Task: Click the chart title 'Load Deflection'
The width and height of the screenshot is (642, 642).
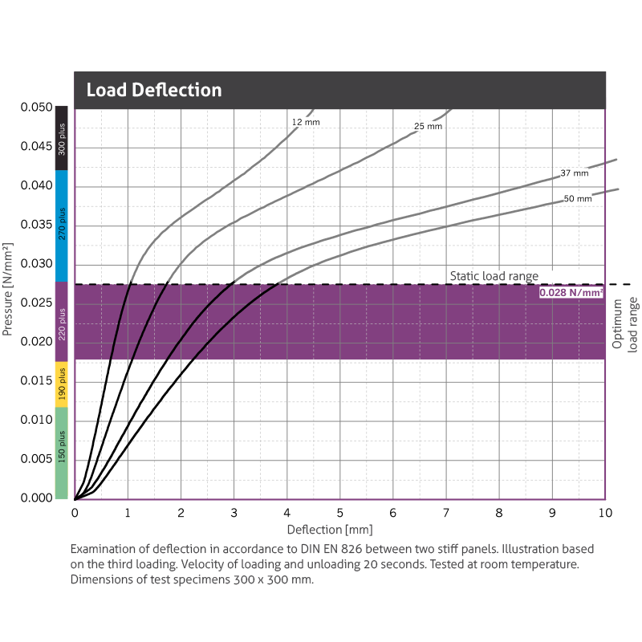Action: pyautogui.click(x=153, y=90)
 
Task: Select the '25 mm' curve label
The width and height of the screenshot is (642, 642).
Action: pyautogui.click(x=428, y=127)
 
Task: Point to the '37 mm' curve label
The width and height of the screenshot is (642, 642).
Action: pyautogui.click(x=574, y=173)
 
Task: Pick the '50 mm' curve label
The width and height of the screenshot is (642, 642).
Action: pyautogui.click(x=578, y=198)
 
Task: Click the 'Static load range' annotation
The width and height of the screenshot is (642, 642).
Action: pyautogui.click(x=494, y=276)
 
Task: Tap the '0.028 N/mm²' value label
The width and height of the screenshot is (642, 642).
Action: pyautogui.click(x=571, y=294)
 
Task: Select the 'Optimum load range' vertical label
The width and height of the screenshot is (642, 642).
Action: pyautogui.click(x=624, y=325)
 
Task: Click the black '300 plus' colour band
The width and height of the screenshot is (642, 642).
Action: pyautogui.click(x=61, y=138)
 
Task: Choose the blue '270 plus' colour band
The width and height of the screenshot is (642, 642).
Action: pyautogui.click(x=61, y=226)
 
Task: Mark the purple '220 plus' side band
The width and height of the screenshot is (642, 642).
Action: pyautogui.click(x=61, y=322)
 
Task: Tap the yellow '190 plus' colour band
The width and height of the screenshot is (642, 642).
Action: pyautogui.click(x=61, y=384)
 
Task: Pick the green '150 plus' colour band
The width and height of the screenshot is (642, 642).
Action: pyautogui.click(x=61, y=453)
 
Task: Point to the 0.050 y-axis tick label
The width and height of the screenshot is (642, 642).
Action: pyautogui.click(x=36, y=108)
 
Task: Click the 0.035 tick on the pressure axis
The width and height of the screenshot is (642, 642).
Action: pyautogui.click(x=36, y=225)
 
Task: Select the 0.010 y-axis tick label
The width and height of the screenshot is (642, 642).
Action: pyautogui.click(x=36, y=420)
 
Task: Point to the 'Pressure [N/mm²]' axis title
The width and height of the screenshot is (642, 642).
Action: pyautogui.click(x=10, y=289)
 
